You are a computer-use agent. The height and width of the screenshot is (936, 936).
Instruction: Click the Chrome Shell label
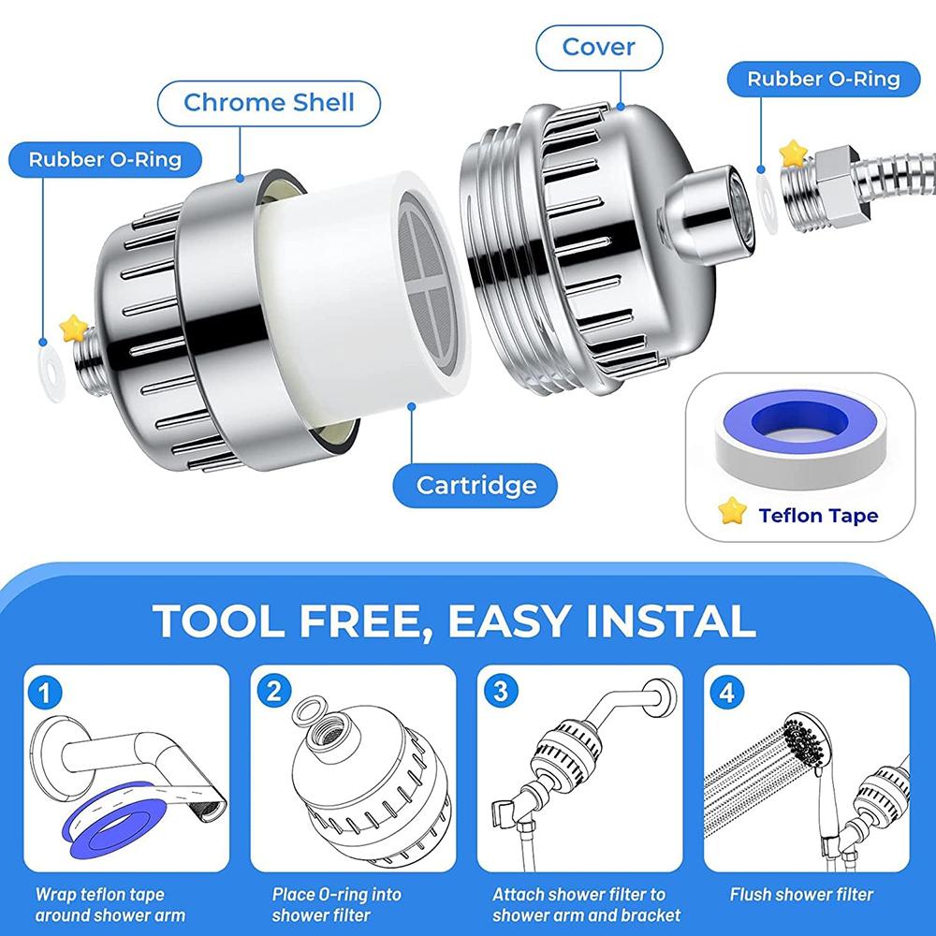(269, 102)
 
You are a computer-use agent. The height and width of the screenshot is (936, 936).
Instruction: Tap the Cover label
(598, 46)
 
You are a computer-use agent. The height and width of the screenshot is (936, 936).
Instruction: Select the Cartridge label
(475, 485)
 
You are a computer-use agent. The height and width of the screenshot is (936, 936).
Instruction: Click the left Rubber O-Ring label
(104, 158)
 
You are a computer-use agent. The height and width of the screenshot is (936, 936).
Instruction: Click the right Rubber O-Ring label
(823, 79)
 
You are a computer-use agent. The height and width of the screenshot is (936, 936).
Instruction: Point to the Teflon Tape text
(818, 515)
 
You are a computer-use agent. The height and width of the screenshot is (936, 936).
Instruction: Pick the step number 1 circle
(46, 694)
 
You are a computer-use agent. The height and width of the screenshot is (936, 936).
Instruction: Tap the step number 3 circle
(500, 693)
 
